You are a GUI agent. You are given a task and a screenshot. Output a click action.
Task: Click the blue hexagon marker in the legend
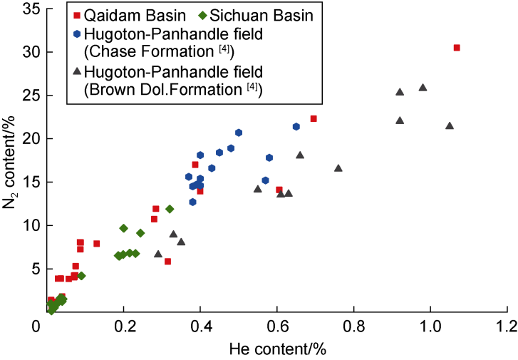(76, 32)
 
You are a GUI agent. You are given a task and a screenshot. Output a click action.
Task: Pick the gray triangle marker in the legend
(76, 71)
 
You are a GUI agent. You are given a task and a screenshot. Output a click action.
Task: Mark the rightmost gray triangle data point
(450, 126)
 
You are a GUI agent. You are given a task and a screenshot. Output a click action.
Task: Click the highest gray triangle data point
(423, 88)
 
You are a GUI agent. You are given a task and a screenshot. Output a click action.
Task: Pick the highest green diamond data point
(170, 209)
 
